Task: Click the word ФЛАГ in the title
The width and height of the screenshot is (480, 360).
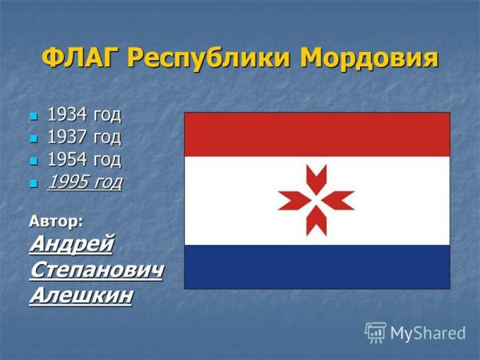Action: point(79,58)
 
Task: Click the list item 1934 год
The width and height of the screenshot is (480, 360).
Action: point(84,114)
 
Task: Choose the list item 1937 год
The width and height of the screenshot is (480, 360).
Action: point(84,138)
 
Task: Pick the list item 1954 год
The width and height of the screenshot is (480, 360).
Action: point(84,160)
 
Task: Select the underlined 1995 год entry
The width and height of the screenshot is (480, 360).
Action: point(84,183)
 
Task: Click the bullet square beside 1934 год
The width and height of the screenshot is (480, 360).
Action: point(34,116)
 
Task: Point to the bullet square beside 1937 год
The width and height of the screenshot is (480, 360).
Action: point(34,139)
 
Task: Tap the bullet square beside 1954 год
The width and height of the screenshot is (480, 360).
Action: point(34,162)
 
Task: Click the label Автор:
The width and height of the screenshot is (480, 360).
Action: point(56,218)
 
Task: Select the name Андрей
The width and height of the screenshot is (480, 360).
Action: point(70,243)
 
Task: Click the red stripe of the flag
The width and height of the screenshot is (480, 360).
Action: point(317,134)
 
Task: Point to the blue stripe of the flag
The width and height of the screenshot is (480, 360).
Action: point(317,266)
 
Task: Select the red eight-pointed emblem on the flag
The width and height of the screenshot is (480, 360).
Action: point(316,199)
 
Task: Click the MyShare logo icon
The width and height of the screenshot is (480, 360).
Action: point(375,332)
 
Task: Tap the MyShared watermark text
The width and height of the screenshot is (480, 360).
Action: point(428,333)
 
